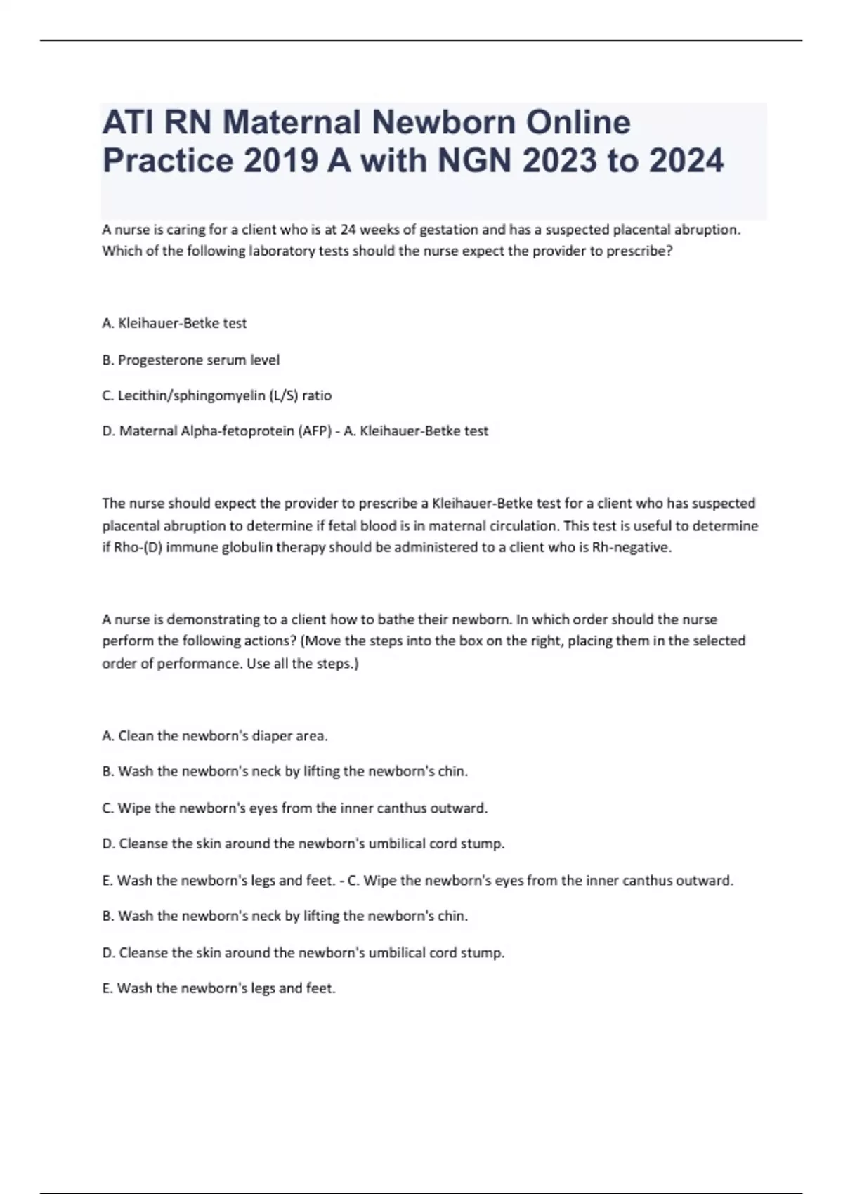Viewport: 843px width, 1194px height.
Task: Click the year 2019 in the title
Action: (x=281, y=161)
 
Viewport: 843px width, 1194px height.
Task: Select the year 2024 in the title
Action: (x=685, y=161)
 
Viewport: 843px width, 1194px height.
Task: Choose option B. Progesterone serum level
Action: (x=191, y=360)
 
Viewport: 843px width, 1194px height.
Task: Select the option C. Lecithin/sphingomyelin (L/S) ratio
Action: (x=217, y=395)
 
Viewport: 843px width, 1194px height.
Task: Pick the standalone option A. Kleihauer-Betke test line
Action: (x=174, y=323)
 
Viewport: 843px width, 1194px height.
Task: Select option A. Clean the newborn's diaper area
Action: (x=215, y=736)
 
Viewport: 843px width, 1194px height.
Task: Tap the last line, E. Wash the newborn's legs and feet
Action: (x=219, y=988)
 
